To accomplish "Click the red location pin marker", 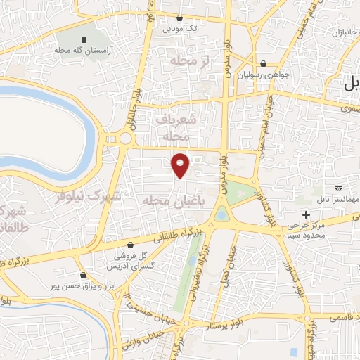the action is [181, 165].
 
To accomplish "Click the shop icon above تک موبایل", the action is [181, 18].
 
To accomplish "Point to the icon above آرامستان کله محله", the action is [84, 39].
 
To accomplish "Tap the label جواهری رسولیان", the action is [262, 74].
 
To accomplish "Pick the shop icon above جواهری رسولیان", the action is [263, 63].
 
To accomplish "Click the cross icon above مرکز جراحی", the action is [306, 214].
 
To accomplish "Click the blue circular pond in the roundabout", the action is [222, 214].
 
